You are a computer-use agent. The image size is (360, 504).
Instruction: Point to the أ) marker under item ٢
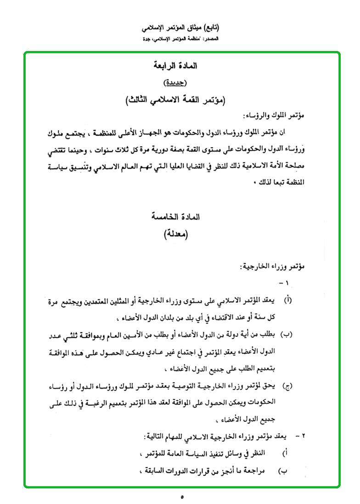285,453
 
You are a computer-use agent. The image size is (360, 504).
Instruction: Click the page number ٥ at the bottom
182,497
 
